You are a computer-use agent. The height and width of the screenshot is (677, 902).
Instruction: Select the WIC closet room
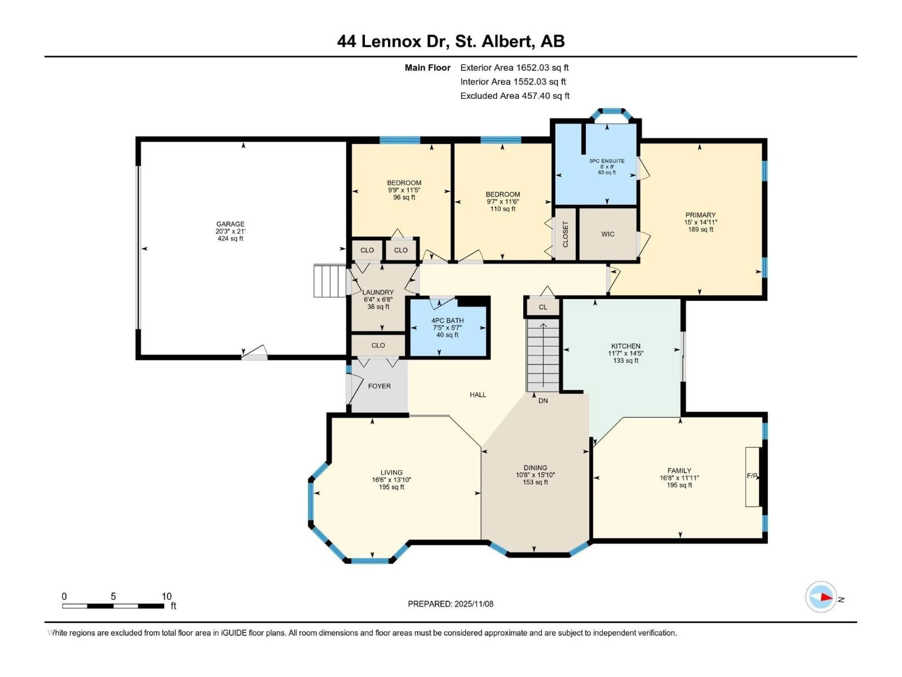608,234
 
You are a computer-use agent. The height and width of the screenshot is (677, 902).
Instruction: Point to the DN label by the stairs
543,401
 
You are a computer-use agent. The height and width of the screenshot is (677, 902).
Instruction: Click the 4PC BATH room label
447,321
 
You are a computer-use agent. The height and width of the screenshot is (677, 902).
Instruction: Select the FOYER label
379,386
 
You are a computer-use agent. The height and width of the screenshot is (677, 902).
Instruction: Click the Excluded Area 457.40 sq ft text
515,96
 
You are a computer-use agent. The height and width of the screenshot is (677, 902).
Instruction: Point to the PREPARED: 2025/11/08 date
451,604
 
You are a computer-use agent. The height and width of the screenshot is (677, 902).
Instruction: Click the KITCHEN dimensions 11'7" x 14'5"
626,353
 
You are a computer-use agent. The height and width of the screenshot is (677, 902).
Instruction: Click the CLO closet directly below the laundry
378,345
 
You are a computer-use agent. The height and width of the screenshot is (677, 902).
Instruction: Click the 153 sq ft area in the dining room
535,482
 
